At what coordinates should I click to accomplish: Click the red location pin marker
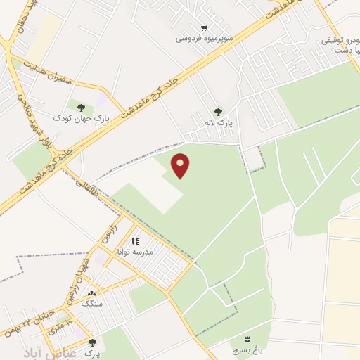pos(181,165)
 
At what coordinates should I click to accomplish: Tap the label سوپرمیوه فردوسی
pos(204,39)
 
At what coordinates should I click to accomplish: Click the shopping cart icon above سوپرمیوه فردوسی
pos(204,28)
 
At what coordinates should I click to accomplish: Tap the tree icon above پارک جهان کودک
pos(81,107)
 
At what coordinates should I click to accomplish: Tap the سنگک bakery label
pos(91,303)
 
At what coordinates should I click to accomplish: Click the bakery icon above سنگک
pos(91,292)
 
